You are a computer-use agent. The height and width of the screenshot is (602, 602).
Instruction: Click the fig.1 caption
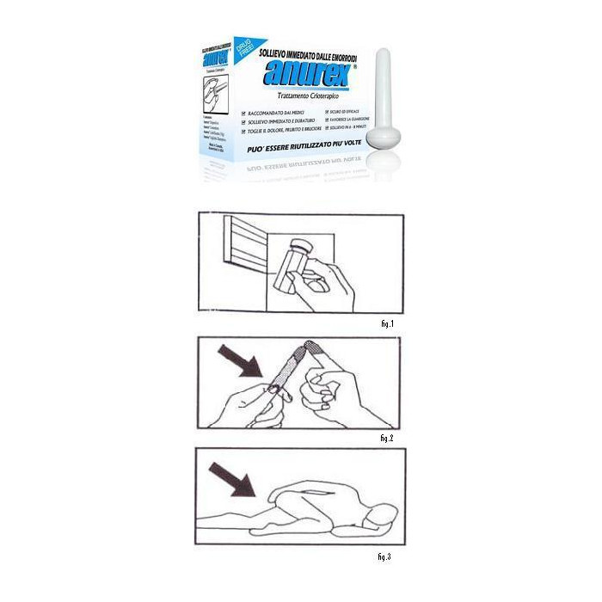[x=385, y=323]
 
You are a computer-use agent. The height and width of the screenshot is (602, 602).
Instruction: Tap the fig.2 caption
[x=385, y=438]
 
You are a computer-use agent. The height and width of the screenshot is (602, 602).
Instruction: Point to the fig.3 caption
[x=384, y=556]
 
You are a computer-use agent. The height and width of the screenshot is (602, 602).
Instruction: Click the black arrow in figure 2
[x=240, y=362]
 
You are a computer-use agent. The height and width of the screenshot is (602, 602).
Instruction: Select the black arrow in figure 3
[x=232, y=477]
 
